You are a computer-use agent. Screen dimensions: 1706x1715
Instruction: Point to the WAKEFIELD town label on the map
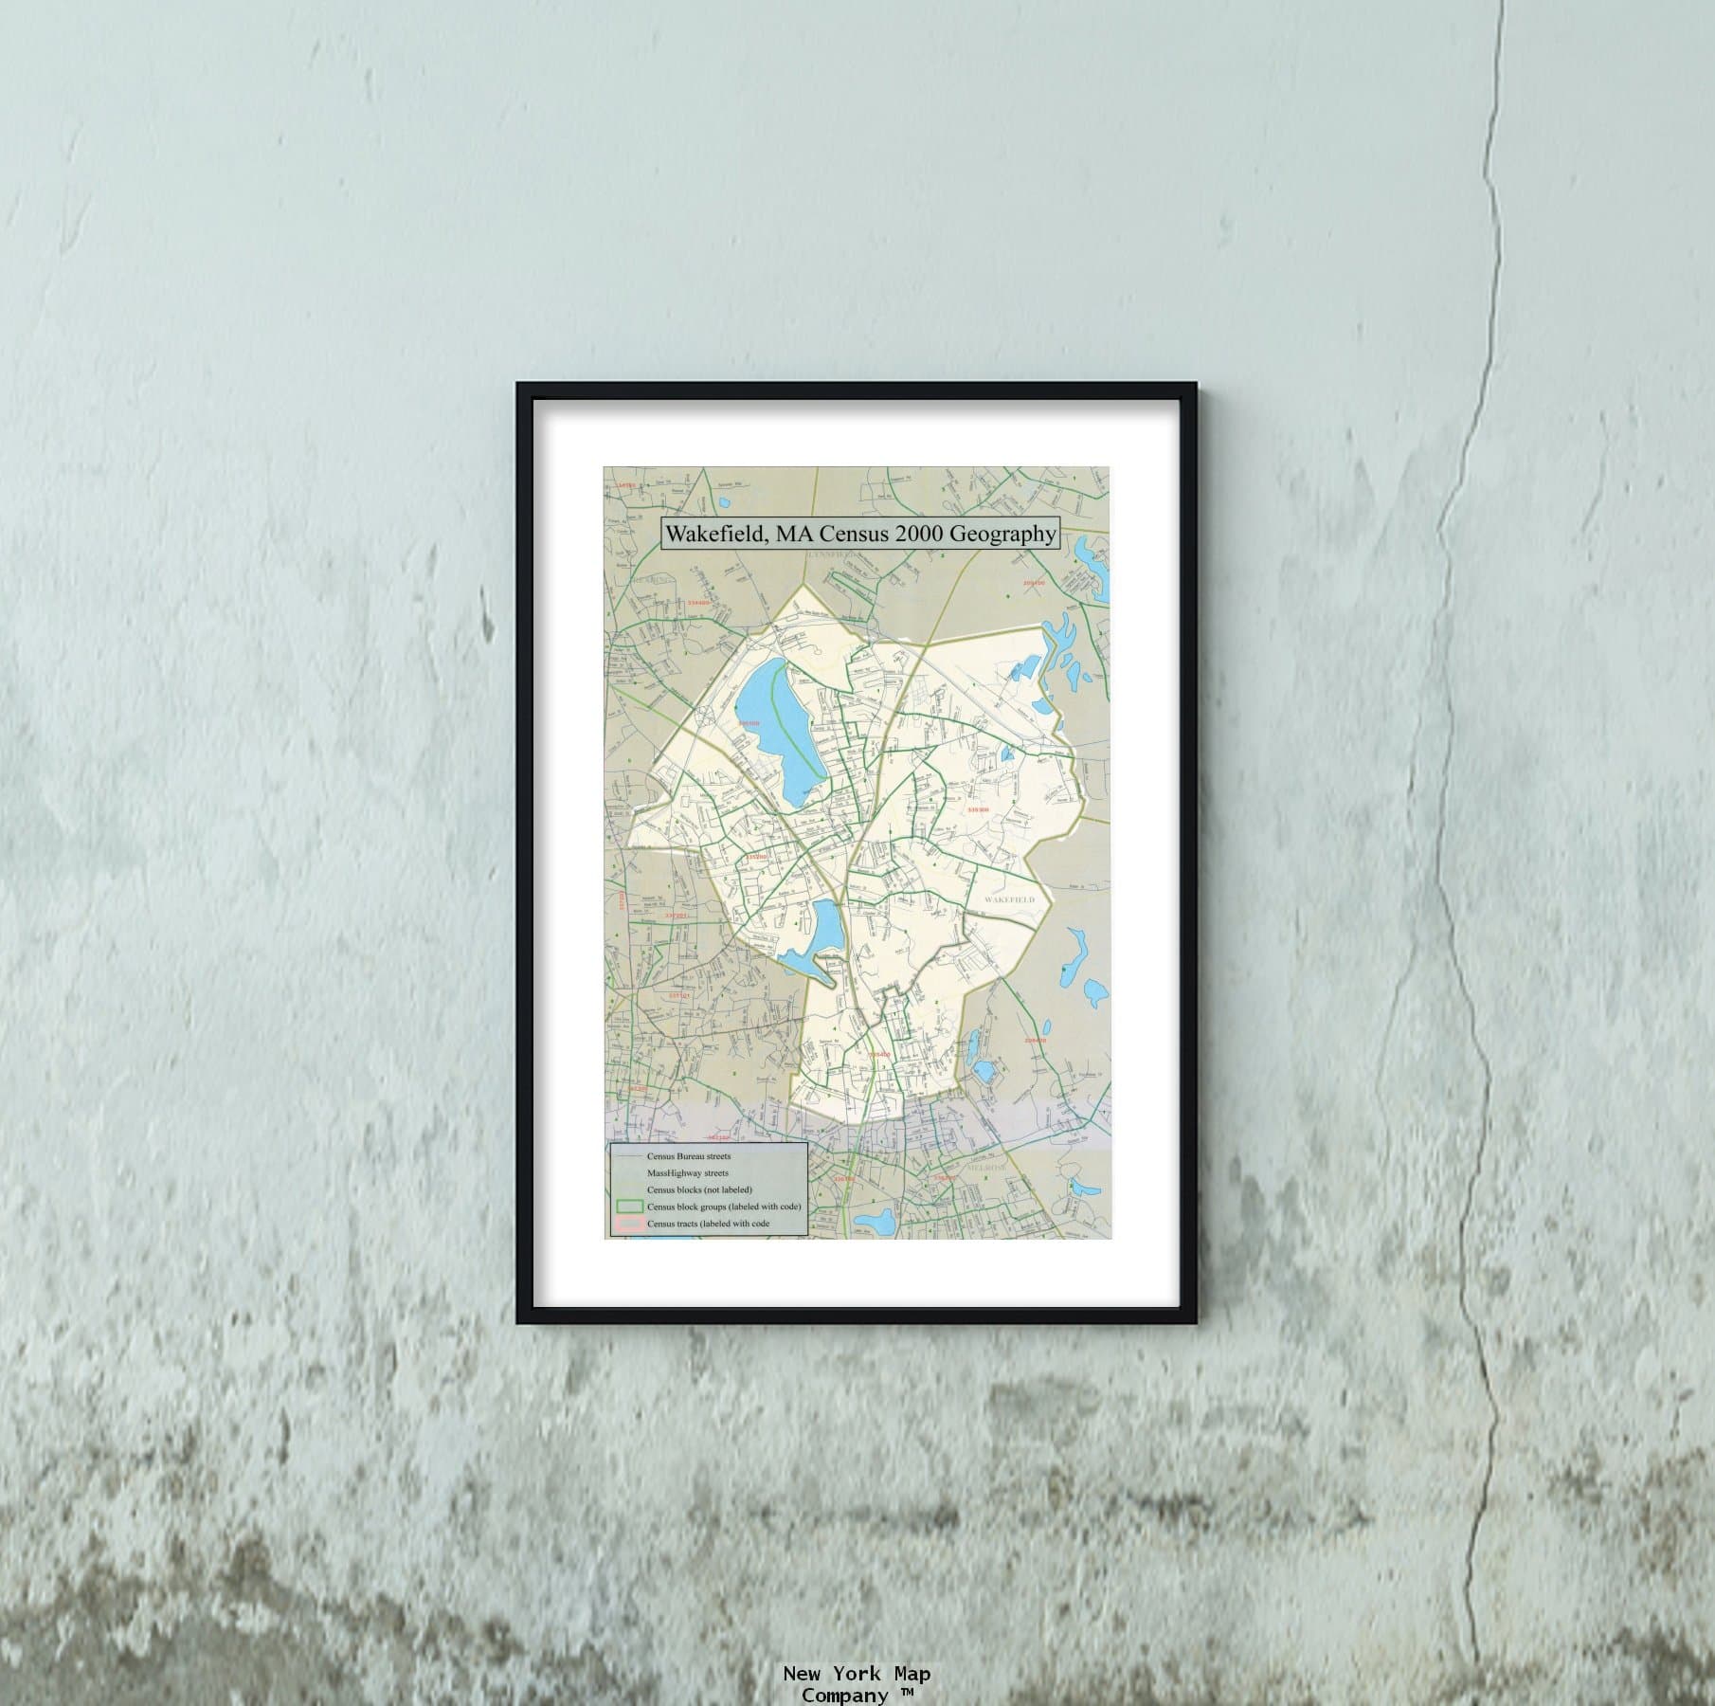(1009, 898)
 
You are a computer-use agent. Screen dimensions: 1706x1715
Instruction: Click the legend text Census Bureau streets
(689, 1156)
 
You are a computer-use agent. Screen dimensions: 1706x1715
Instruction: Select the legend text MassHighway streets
(688, 1173)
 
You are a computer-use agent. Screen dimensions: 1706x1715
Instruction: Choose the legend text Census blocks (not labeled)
(699, 1189)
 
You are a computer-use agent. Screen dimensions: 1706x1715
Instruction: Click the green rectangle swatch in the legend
(629, 1207)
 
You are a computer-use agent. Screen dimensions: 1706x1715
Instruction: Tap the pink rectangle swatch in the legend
(629, 1224)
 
